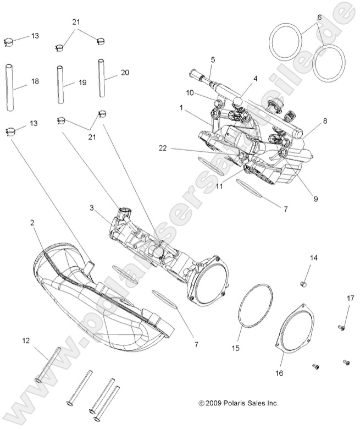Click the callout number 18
tap(35, 81)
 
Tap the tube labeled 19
tap(61, 85)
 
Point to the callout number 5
tap(213, 59)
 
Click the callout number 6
tap(318, 17)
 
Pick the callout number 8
tap(325, 120)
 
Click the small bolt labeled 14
tap(302, 283)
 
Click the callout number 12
tap(26, 341)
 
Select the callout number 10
tap(190, 93)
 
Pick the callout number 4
tap(255, 79)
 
